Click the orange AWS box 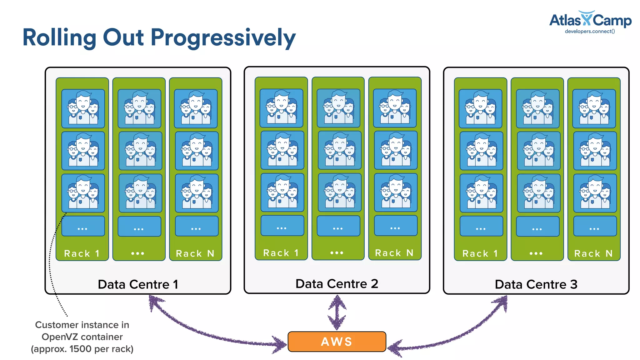tap(337, 342)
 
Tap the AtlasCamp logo tap(590, 20)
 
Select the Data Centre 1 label tap(138, 284)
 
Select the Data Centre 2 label tap(337, 284)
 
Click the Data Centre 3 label tap(536, 284)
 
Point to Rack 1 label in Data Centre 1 tap(82, 253)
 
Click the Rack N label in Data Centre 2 tap(394, 253)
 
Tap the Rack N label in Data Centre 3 tap(593, 253)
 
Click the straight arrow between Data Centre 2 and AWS tap(337, 312)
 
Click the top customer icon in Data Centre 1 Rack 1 tap(83, 108)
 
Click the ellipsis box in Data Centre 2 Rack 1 tap(282, 226)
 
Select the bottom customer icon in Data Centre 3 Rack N tap(595, 193)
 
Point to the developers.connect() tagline tap(590, 31)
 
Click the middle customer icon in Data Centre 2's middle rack tap(339, 150)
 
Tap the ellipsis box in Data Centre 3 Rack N tap(595, 226)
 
